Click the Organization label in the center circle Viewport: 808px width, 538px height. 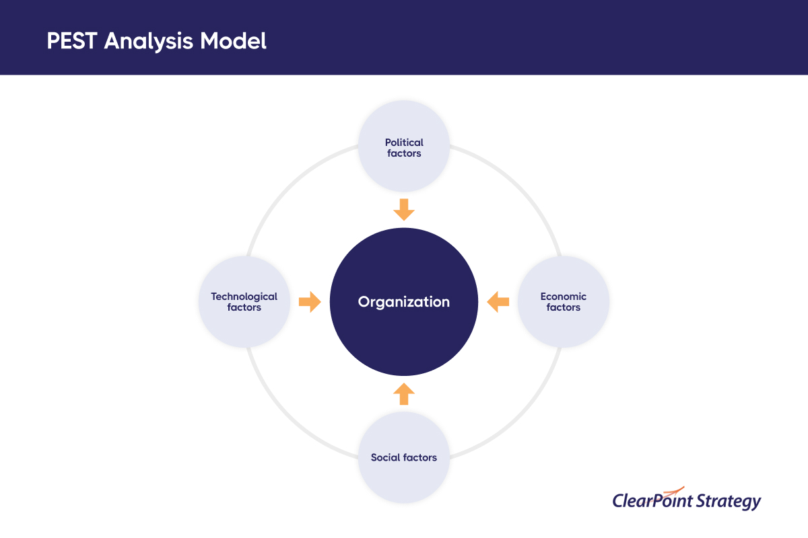(404, 302)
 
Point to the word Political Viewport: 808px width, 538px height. (404, 143)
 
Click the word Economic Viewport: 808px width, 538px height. (564, 297)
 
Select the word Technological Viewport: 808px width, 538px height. (244, 297)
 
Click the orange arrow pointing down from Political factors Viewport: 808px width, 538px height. (404, 210)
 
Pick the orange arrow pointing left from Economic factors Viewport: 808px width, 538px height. (498, 302)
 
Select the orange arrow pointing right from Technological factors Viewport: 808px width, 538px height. (310, 302)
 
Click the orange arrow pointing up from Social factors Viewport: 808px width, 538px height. (404, 394)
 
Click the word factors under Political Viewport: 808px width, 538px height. (404, 153)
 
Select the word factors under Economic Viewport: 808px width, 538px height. (564, 307)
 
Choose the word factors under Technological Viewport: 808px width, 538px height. (244, 307)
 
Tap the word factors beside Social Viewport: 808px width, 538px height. (419, 458)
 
